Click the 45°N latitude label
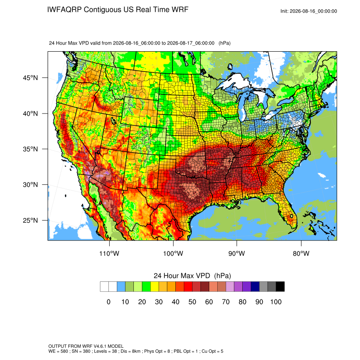pos(30,78)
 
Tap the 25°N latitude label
pos(30,220)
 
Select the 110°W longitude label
pos(109,253)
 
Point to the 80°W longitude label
pos(301,253)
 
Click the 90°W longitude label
pos(236,253)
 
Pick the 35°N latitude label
pos(30,149)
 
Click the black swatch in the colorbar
pos(280,287)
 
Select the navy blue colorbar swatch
pos(255,287)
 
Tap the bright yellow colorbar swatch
pos(155,287)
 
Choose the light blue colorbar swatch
pos(121,287)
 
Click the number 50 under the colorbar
pos(192,302)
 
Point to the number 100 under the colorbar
pos(276,302)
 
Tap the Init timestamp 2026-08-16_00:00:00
pos(313,11)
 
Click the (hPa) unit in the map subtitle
pos(224,43)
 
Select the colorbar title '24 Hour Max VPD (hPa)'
pos(192,276)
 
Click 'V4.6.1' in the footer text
pos(100,346)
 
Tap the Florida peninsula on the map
pos(288,212)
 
